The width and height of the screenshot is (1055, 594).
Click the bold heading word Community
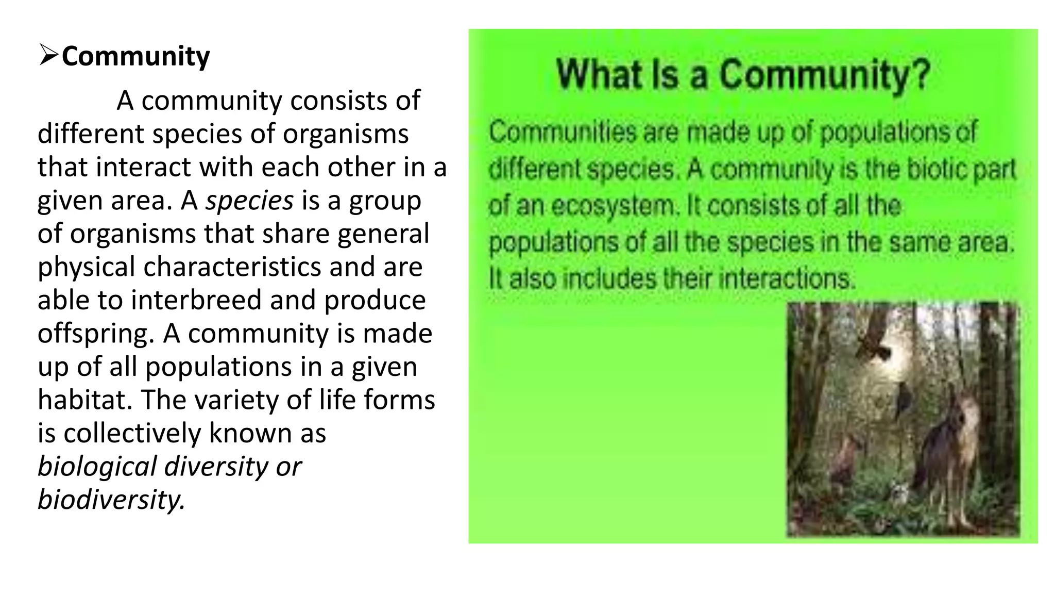pos(135,56)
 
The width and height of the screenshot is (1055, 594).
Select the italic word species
pos(249,201)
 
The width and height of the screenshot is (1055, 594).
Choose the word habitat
pos(84,400)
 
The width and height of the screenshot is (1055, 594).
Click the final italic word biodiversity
pos(111,500)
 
